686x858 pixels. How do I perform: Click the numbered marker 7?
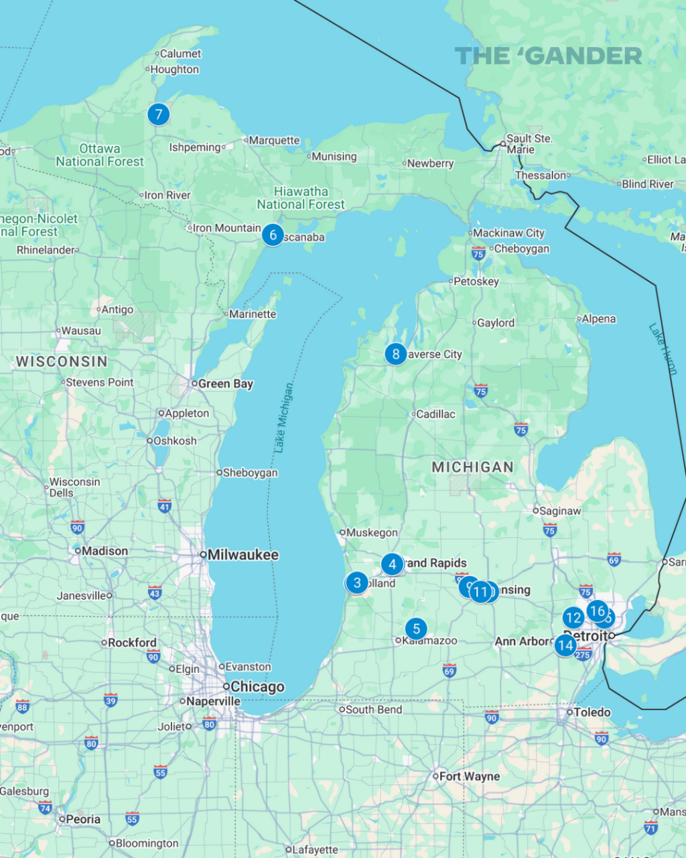tap(159, 115)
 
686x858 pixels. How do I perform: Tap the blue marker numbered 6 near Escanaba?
tap(273, 235)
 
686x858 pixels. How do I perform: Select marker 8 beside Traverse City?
tap(395, 354)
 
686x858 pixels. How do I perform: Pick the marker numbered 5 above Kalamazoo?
tap(416, 629)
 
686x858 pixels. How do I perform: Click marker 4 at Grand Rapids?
tap(392, 564)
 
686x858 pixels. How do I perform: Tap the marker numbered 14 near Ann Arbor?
tap(565, 646)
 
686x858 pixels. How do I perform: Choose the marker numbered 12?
tap(573, 617)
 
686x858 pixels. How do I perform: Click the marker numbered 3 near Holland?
tap(357, 583)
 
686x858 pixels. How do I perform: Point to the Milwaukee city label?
tap(243, 555)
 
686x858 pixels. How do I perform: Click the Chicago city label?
tap(257, 687)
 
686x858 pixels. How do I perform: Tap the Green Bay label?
tap(226, 384)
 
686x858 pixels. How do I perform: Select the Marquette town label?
tap(274, 141)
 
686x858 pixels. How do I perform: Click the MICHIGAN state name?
tap(472, 467)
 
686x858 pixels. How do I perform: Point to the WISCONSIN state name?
tap(62, 361)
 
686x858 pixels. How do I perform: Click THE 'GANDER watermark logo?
tap(548, 56)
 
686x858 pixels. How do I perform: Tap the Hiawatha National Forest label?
tap(301, 198)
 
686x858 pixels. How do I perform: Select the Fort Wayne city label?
tap(470, 776)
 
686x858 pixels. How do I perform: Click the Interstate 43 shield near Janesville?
tap(155, 593)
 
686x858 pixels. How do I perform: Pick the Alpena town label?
tap(598, 319)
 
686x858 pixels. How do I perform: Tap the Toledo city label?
tap(592, 712)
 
